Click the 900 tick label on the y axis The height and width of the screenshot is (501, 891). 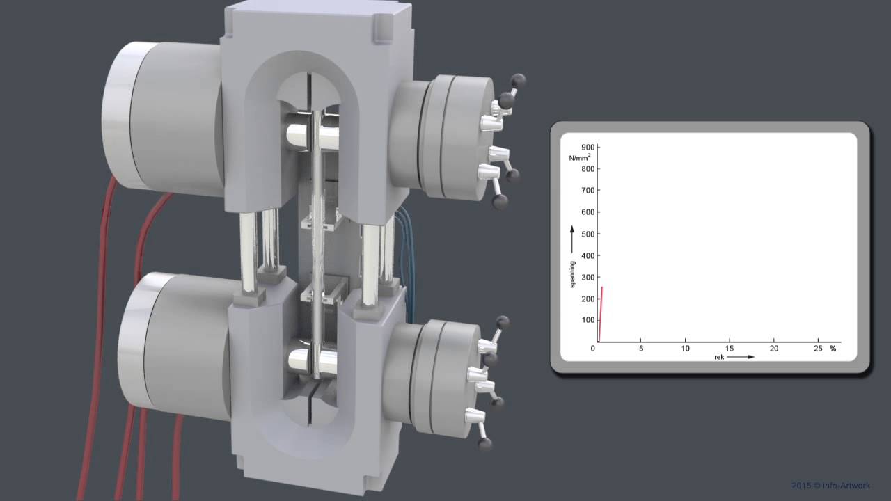(x=588, y=148)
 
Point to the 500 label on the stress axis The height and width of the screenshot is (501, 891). (x=588, y=234)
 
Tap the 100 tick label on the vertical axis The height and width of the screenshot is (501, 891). (x=588, y=320)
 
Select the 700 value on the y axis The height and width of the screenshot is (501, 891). (x=588, y=191)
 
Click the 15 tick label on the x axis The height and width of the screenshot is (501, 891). (x=729, y=349)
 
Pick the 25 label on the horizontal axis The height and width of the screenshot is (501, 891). (x=818, y=349)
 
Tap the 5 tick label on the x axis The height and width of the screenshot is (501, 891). (x=641, y=349)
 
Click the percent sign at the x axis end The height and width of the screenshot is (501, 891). (x=833, y=349)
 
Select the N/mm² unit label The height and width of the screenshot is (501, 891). (x=580, y=157)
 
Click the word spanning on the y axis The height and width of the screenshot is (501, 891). (x=572, y=274)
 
